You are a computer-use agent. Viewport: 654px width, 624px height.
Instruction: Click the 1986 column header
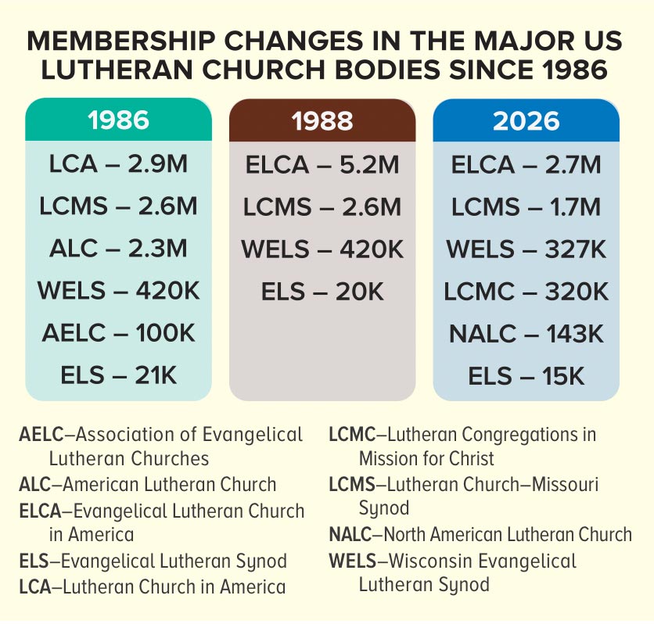click(x=118, y=121)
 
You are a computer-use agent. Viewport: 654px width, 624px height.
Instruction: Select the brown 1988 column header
click(x=322, y=121)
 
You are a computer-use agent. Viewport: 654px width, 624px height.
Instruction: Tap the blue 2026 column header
click(x=526, y=121)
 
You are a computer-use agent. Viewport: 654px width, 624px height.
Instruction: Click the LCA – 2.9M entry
click(x=118, y=165)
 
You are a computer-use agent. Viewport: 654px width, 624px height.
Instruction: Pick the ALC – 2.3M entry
click(x=118, y=249)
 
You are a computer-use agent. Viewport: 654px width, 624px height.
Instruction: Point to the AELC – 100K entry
click(x=118, y=334)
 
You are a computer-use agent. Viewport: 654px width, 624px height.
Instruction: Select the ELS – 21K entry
click(x=118, y=376)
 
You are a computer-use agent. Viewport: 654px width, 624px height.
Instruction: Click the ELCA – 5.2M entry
click(x=322, y=165)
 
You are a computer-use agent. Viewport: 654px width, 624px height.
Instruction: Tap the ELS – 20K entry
click(x=322, y=292)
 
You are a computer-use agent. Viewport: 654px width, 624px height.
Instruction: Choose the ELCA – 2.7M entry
click(x=526, y=165)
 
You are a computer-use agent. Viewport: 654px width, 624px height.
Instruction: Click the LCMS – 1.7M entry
click(x=526, y=207)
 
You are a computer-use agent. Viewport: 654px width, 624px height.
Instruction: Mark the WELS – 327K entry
click(x=526, y=249)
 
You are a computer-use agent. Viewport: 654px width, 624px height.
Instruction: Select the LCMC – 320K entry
click(x=526, y=292)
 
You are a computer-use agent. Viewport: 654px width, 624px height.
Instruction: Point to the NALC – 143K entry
click(x=526, y=334)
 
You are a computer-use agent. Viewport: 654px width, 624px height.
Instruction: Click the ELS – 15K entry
click(x=526, y=376)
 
